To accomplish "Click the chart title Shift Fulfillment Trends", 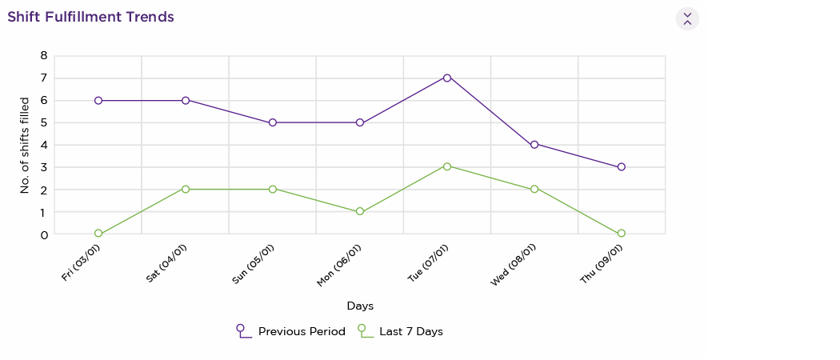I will pyautogui.click(x=90, y=17).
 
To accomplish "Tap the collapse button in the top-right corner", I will pyautogui.click(x=687, y=18).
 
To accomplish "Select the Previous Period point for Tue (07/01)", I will pyautogui.click(x=447, y=78).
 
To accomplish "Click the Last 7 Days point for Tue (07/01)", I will pyautogui.click(x=447, y=166).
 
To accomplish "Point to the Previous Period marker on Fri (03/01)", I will pyautogui.click(x=98, y=101).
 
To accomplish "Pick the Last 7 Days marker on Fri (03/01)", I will pyautogui.click(x=98, y=234).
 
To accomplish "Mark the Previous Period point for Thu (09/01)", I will pyautogui.click(x=622, y=167).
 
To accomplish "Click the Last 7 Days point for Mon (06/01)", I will pyautogui.click(x=360, y=212).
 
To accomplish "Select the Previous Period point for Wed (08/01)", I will pyautogui.click(x=534, y=145).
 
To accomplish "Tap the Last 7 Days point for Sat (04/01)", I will pyautogui.click(x=186, y=189).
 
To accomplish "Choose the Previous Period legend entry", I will pyautogui.click(x=291, y=331).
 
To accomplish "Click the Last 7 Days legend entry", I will pyautogui.click(x=400, y=331).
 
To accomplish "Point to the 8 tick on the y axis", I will pyautogui.click(x=44, y=56).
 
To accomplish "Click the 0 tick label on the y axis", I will pyautogui.click(x=44, y=235).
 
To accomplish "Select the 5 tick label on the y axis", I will pyautogui.click(x=44, y=123).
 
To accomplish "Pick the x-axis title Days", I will pyautogui.click(x=360, y=306).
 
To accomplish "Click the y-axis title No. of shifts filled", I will pyautogui.click(x=25, y=145).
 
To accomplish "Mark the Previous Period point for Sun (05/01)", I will pyautogui.click(x=273, y=122).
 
